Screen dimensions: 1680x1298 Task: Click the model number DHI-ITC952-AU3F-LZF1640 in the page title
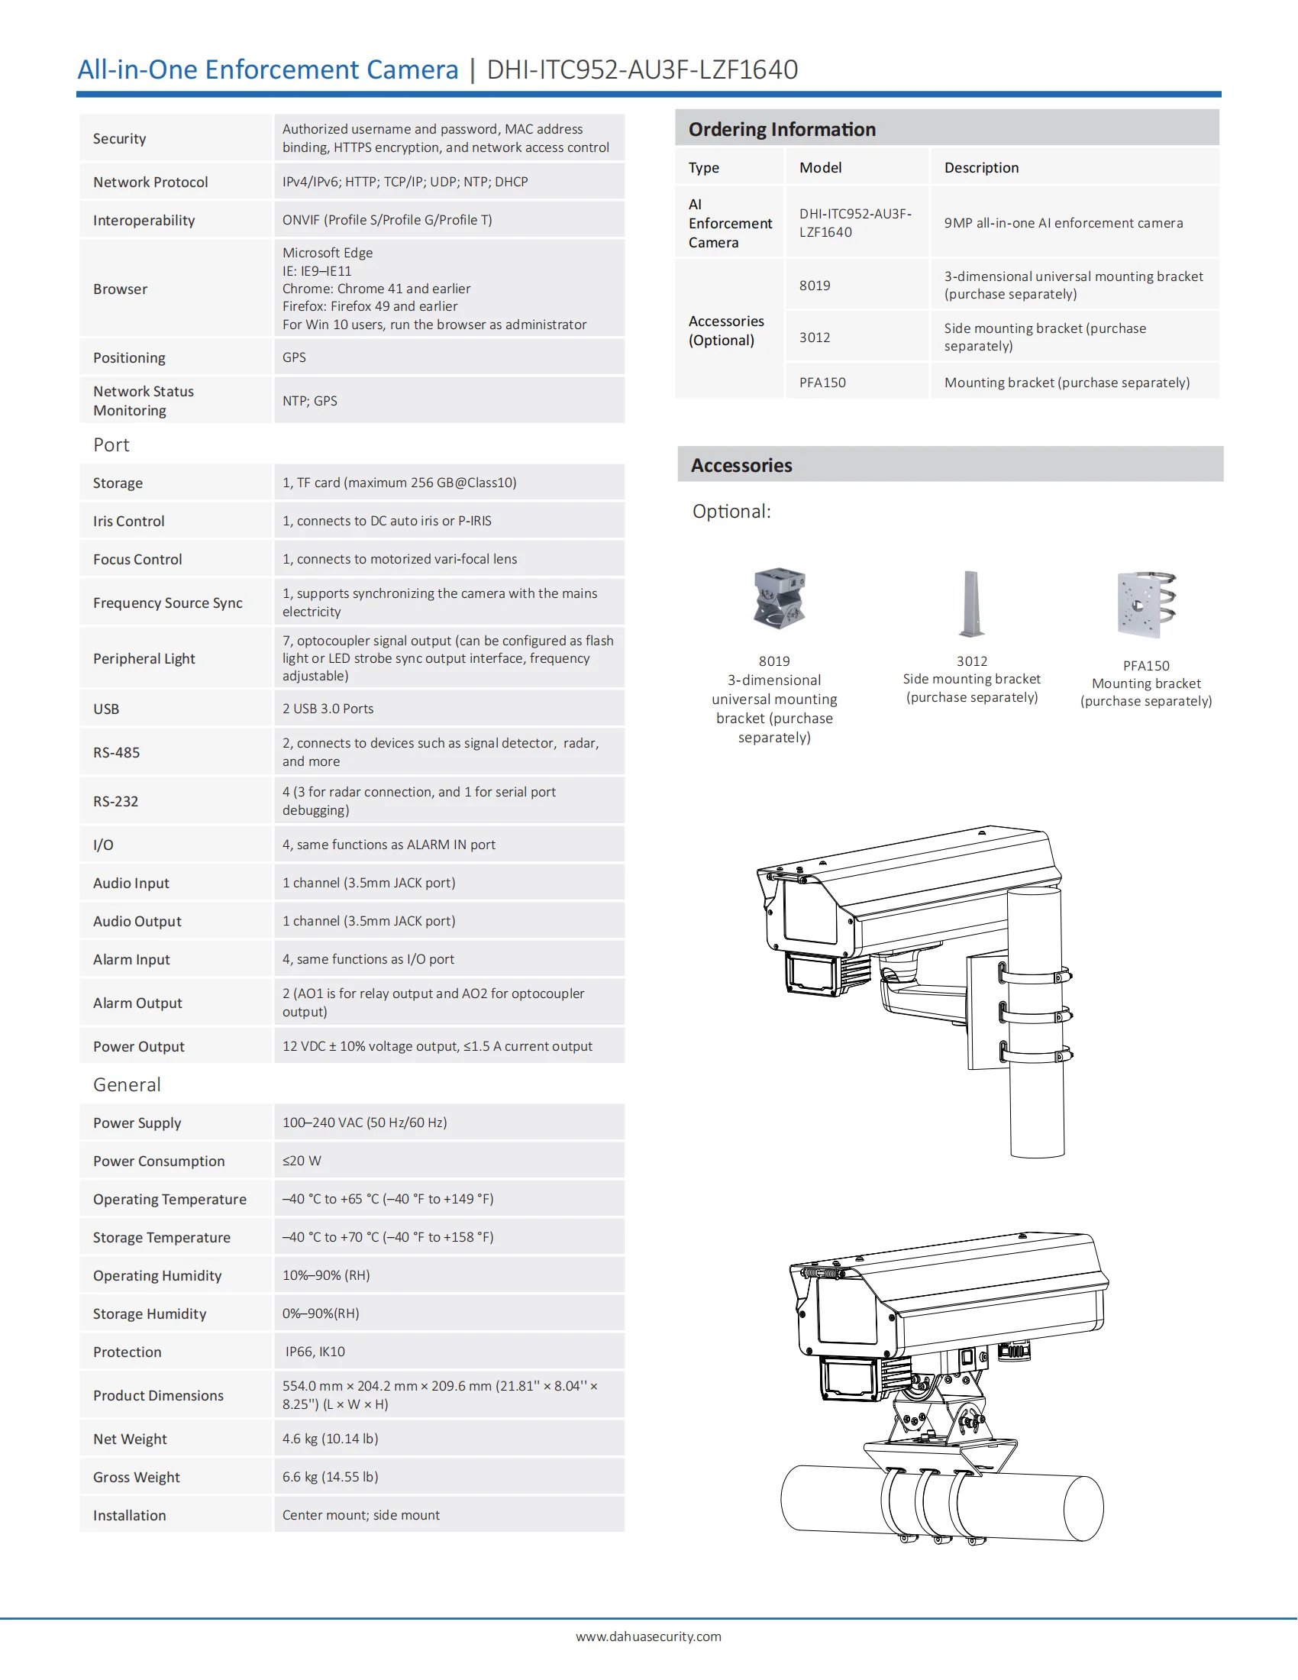coord(642,70)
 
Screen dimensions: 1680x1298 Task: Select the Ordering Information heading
coord(781,129)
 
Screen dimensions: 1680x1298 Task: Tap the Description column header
coord(980,168)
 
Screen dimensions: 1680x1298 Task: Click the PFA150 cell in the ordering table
coord(822,383)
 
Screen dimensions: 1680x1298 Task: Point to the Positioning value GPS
coord(294,357)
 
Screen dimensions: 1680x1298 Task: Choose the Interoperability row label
coord(144,221)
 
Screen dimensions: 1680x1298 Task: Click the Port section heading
coord(111,445)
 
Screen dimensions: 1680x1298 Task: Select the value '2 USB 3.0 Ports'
coord(328,709)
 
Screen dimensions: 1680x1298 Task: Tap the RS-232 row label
coord(116,802)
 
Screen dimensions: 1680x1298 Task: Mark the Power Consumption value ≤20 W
coord(302,1161)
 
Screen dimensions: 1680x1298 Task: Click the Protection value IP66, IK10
coord(315,1352)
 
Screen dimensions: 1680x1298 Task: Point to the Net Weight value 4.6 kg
coord(330,1439)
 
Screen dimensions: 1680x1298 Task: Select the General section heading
coord(127,1084)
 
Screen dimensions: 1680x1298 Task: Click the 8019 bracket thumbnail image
coord(778,599)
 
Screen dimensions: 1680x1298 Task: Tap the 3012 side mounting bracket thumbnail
coord(971,603)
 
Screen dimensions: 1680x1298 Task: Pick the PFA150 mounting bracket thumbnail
coord(1146,605)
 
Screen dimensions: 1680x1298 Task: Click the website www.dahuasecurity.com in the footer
coord(648,1637)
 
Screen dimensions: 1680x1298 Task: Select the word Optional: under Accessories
coord(731,512)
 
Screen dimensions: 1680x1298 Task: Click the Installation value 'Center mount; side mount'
coord(360,1514)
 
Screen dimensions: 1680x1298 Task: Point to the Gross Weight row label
coord(136,1477)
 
